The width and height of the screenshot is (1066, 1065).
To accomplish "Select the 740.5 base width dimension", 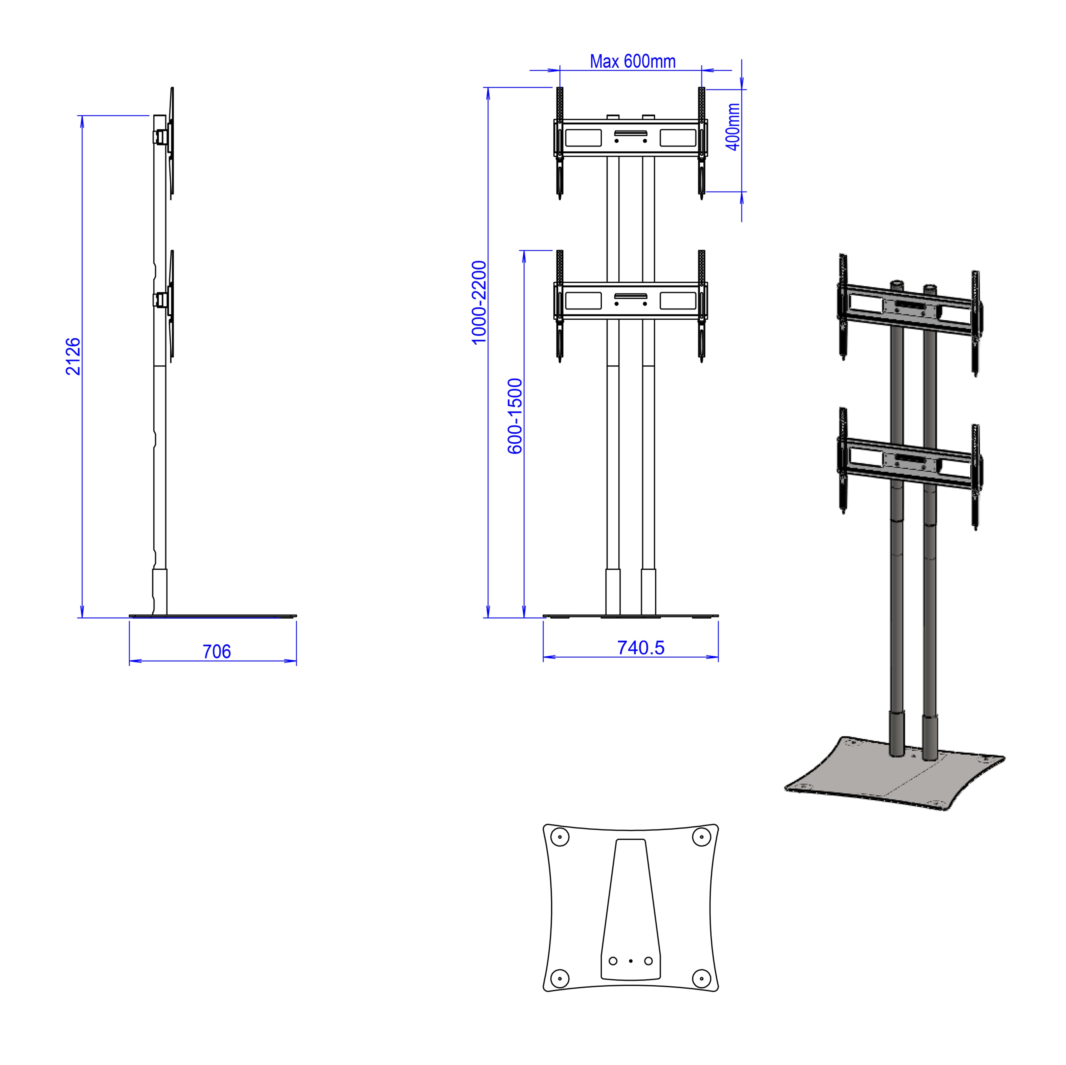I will [x=641, y=648].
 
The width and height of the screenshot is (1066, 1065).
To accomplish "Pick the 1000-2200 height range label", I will [x=479, y=302].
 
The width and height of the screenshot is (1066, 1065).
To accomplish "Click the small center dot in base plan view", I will [x=631, y=961].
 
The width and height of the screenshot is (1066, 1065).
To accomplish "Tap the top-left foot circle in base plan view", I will [x=560, y=837].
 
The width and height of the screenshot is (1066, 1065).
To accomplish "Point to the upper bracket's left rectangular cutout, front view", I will [x=583, y=137].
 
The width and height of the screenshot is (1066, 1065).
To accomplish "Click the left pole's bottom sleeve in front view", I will [x=613, y=592].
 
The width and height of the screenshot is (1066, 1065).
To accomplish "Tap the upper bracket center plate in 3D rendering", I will [x=911, y=309].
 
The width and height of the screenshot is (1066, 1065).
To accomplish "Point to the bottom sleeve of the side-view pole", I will [x=159, y=592].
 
